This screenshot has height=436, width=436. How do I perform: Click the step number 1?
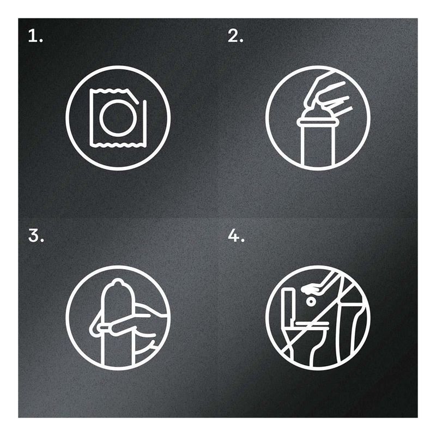pyautogui.click(x=35, y=37)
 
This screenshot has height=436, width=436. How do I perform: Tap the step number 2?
pyautogui.click(x=235, y=37)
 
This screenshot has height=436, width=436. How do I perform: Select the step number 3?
pyautogui.click(x=36, y=236)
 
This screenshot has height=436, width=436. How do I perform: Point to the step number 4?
pyautogui.click(x=236, y=236)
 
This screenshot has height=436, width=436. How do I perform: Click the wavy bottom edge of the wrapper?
pyautogui.click(x=118, y=144)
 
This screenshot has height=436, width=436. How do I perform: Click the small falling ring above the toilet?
pyautogui.click(x=311, y=301)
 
